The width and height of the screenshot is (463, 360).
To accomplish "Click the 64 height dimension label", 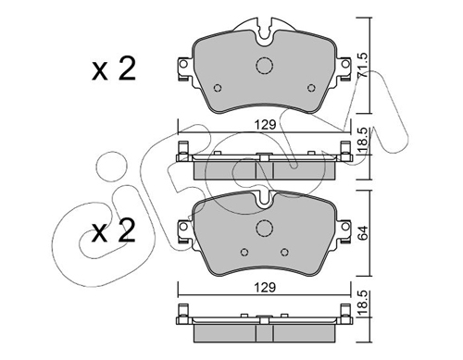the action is point(363,233).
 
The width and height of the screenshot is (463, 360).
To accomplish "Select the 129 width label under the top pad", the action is point(265,125).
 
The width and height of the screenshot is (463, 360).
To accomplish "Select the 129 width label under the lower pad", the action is point(265,288).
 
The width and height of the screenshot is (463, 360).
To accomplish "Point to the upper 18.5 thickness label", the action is point(363,140).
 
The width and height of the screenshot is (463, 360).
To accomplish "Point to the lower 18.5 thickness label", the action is point(363,304).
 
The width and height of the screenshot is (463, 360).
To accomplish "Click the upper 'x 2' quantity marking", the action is point(114,69).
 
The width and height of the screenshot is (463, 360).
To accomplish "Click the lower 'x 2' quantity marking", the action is point(114,230).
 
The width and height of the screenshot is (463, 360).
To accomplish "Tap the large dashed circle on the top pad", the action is point(265,66).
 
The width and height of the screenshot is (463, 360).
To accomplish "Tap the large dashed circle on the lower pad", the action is point(265,229).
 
